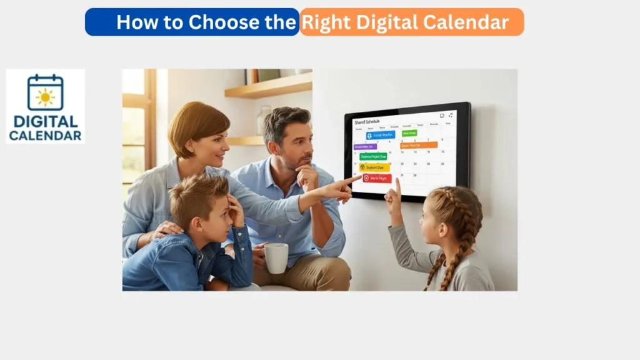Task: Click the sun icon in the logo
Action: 45,97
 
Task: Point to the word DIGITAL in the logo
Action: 45,121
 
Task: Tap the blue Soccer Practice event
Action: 381,135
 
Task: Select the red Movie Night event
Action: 377,178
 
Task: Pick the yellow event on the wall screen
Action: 374,167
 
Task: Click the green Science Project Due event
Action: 373,156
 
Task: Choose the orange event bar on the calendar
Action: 419,145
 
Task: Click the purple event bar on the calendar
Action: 365,147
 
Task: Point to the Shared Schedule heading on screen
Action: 367,122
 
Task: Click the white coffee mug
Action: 276,257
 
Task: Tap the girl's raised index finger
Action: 397,182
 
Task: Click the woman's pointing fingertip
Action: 359,178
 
